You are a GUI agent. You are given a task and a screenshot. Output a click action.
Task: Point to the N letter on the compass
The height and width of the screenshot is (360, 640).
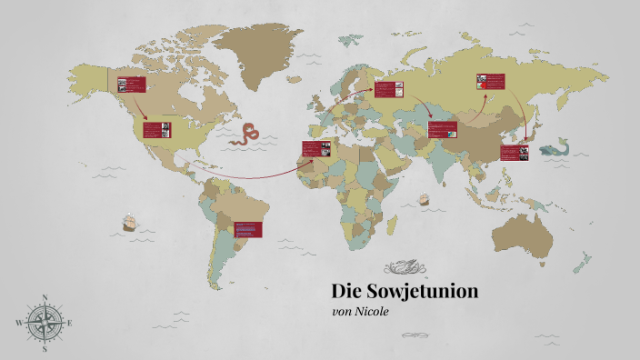click(x=45, y=297)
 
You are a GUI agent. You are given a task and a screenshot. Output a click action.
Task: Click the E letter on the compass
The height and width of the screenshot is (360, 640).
click(x=71, y=323)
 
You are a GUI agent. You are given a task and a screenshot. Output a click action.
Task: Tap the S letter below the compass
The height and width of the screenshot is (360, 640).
click(x=45, y=348)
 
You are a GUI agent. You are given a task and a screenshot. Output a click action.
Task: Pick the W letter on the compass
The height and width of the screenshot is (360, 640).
click(x=19, y=323)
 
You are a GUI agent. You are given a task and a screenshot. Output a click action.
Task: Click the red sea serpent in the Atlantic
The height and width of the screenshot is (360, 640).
click(x=245, y=135)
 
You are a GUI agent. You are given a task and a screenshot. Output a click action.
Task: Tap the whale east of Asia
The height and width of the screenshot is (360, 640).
click(x=554, y=148)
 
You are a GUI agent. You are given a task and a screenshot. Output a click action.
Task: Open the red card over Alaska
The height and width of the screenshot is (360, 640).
click(x=132, y=85)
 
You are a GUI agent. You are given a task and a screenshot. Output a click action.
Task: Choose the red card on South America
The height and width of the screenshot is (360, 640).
click(x=247, y=229)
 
